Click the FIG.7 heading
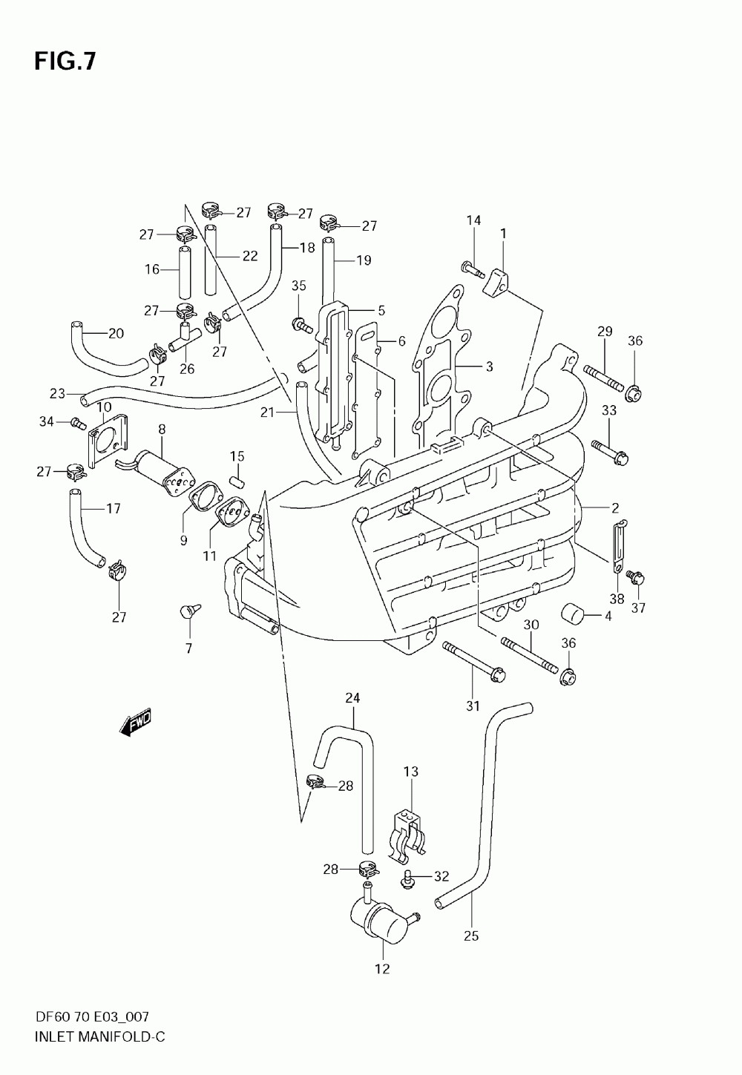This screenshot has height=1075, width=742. [x=65, y=62]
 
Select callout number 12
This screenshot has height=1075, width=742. [x=382, y=969]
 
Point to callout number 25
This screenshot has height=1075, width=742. [x=471, y=936]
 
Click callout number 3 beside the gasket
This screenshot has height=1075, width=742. [x=489, y=366]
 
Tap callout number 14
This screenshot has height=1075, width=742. [x=473, y=220]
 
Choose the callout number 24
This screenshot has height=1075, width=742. [x=352, y=697]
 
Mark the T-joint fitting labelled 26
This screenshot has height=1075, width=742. [x=185, y=338]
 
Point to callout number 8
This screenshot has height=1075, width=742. [x=162, y=429]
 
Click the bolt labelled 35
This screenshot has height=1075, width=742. [x=303, y=325]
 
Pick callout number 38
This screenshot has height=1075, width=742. [x=617, y=599]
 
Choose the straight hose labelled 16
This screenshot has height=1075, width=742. [x=185, y=272]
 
